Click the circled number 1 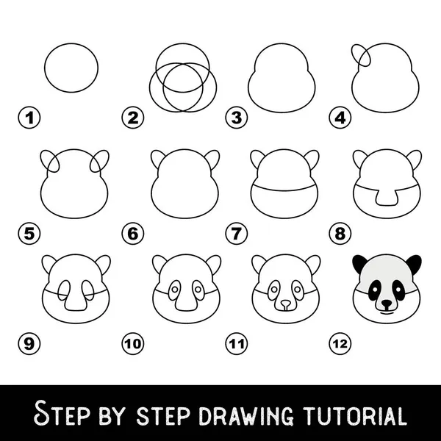[x=29, y=118]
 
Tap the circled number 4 [x=340, y=118]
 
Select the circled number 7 [x=237, y=234]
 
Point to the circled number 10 [x=133, y=343]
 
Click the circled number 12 [x=340, y=343]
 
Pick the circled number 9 [x=29, y=343]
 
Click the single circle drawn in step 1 [x=44, y=68]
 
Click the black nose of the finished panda [x=387, y=304]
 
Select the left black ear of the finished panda [x=359, y=263]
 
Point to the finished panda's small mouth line [x=387, y=312]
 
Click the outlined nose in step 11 [x=286, y=304]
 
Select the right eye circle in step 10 [x=198, y=290]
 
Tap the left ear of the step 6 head [x=156, y=158]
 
